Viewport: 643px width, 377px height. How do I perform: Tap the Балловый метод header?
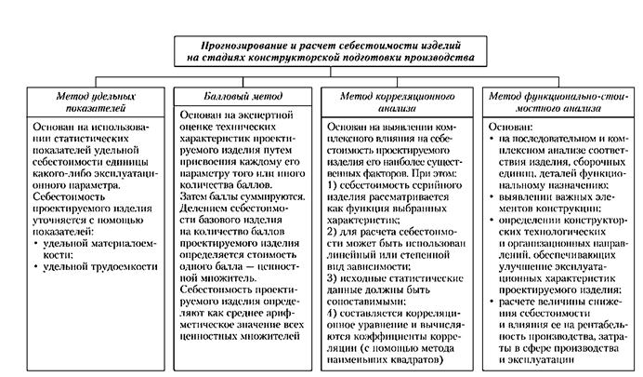click(238, 96)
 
